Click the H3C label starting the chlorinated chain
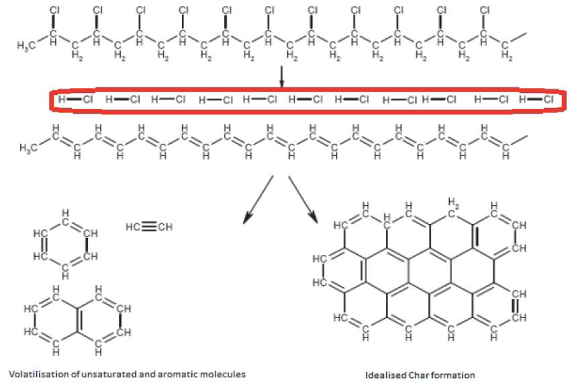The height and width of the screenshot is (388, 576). click(x=26, y=46)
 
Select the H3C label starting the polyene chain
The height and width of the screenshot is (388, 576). click(x=29, y=148)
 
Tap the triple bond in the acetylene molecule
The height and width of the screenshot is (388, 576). click(x=149, y=227)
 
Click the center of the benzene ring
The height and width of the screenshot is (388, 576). click(x=65, y=245)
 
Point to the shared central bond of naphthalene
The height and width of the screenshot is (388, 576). click(x=77, y=320)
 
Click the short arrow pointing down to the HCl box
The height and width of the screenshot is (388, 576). click(x=282, y=77)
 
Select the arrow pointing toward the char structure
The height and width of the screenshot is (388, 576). click(x=303, y=200)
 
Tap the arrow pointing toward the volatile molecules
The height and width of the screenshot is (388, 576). click(x=258, y=200)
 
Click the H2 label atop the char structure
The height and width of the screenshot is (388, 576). click(x=452, y=202)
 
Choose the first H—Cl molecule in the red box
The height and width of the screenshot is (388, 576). click(x=75, y=99)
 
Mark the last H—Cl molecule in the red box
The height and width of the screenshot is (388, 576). click(x=536, y=99)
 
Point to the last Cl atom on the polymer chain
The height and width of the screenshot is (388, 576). click(x=485, y=10)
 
